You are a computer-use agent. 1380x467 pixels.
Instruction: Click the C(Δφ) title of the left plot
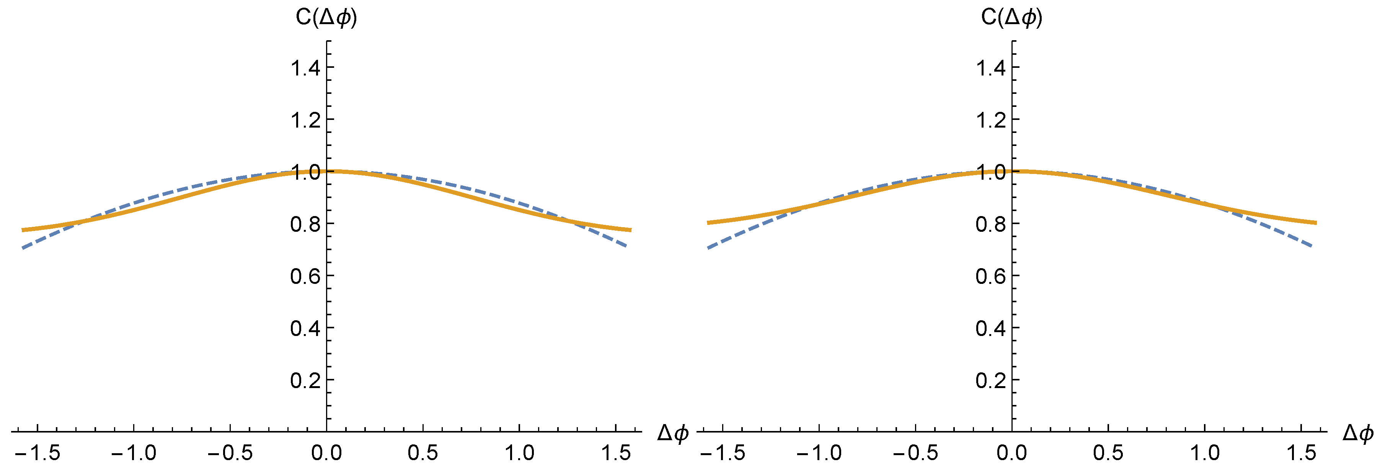pos(326,18)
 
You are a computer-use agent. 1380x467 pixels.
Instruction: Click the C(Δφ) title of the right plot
pos(1011,18)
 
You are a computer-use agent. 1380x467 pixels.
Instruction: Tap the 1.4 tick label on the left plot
pos(305,68)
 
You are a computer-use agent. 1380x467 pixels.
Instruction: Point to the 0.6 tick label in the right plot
pos(990,277)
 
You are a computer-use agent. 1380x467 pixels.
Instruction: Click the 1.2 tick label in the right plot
pos(990,120)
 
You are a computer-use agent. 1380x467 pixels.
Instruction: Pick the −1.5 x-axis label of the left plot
pos(38,454)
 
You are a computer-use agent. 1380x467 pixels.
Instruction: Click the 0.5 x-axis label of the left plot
pos(422,454)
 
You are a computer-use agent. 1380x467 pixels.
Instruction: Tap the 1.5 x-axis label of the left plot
pos(615,454)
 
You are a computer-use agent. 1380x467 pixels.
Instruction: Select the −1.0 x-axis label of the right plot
pos(819,454)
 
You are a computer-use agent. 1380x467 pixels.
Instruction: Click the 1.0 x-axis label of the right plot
pos(1205,454)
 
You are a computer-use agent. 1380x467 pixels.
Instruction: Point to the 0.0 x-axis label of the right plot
pos(1011,454)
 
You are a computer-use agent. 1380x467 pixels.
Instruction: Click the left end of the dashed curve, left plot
pos(23,248)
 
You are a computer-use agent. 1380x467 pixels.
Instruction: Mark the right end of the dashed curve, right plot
pos(1311,246)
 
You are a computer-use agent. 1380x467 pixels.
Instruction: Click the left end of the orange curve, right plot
pos(708,223)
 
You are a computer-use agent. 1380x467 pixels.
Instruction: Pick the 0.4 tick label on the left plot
pos(305,329)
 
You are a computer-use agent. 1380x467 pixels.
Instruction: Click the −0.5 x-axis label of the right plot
pos(915,454)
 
